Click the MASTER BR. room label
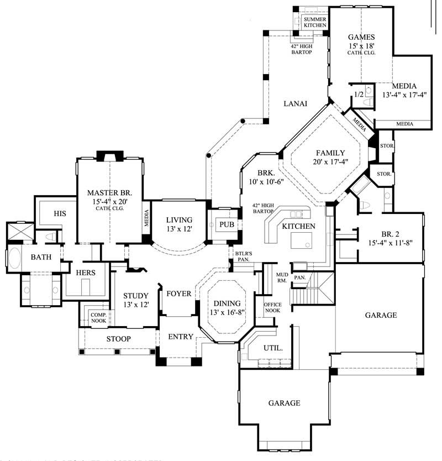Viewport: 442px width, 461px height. [109, 193]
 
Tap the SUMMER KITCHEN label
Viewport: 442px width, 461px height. [315, 22]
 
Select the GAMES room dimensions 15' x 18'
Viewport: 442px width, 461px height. [361, 46]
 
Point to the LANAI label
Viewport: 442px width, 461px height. [296, 103]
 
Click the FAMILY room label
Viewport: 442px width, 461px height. [330, 153]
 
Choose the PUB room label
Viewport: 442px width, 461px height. [227, 224]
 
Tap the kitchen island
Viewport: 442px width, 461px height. [301, 239]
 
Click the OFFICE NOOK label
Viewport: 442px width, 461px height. [272, 307]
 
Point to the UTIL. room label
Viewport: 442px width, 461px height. [274, 349]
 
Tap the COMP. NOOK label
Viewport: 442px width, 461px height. [98, 317]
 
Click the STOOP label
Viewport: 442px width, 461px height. [118, 339]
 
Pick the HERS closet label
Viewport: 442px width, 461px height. [85, 273]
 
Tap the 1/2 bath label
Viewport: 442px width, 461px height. [358, 95]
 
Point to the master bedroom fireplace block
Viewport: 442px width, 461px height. [105, 155]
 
